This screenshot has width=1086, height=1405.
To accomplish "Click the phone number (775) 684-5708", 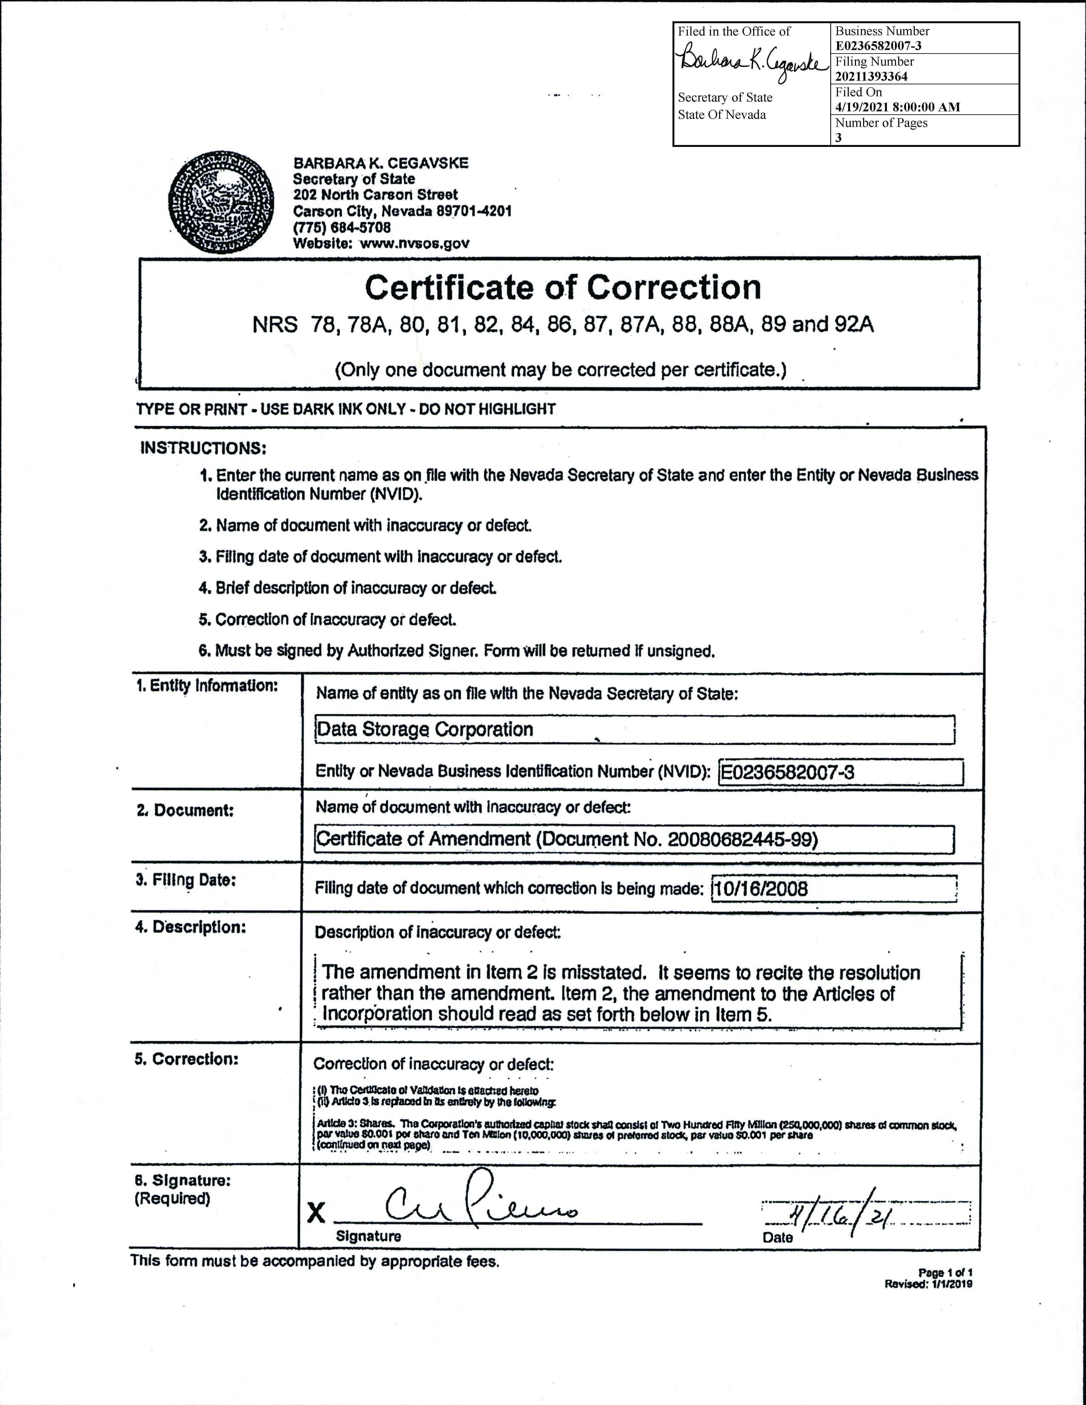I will click(342, 227).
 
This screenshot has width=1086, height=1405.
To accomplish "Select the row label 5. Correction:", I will click(186, 1059).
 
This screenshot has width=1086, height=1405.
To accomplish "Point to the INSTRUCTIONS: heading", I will click(203, 448).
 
